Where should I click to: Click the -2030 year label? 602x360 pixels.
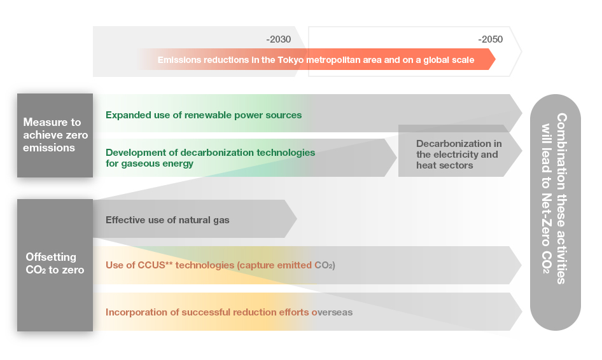click(278, 39)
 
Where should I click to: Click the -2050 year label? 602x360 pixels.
click(490, 39)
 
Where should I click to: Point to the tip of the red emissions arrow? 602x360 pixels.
click(495, 59)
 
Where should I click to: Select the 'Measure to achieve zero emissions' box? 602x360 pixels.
click(55, 135)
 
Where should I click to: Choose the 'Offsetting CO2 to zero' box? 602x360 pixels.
click(55, 265)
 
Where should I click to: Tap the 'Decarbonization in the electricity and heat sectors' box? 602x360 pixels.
click(459, 155)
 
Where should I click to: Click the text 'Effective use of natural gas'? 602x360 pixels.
click(167, 220)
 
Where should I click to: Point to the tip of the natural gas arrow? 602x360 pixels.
click(297, 219)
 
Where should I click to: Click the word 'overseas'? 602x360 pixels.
click(332, 312)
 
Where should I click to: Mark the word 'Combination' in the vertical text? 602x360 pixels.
click(561, 151)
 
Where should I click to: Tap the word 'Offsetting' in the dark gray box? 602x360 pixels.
click(51, 257)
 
